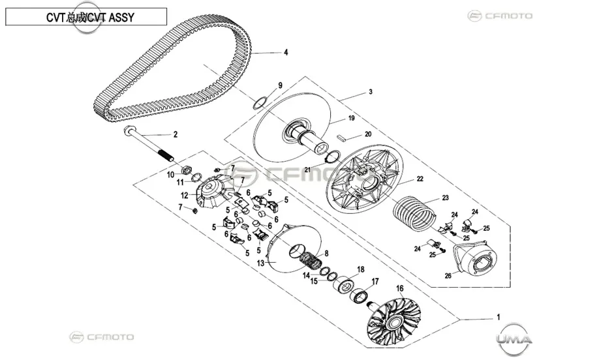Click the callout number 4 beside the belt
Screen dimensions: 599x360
coord(286,52)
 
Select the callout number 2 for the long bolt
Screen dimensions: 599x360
coord(176,134)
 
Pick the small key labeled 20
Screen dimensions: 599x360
coord(342,138)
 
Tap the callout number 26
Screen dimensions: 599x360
coord(448,276)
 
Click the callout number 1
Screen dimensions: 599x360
coord(498,317)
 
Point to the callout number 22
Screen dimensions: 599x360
coord(420,179)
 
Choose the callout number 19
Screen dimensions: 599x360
coord(352,118)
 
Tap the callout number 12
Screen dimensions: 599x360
coord(185,196)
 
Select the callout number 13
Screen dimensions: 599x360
coord(260,263)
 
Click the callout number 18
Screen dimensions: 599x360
coord(361,269)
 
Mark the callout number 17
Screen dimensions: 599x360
coord(375,281)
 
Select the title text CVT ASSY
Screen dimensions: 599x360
coord(111,18)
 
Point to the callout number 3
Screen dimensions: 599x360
coord(371,91)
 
